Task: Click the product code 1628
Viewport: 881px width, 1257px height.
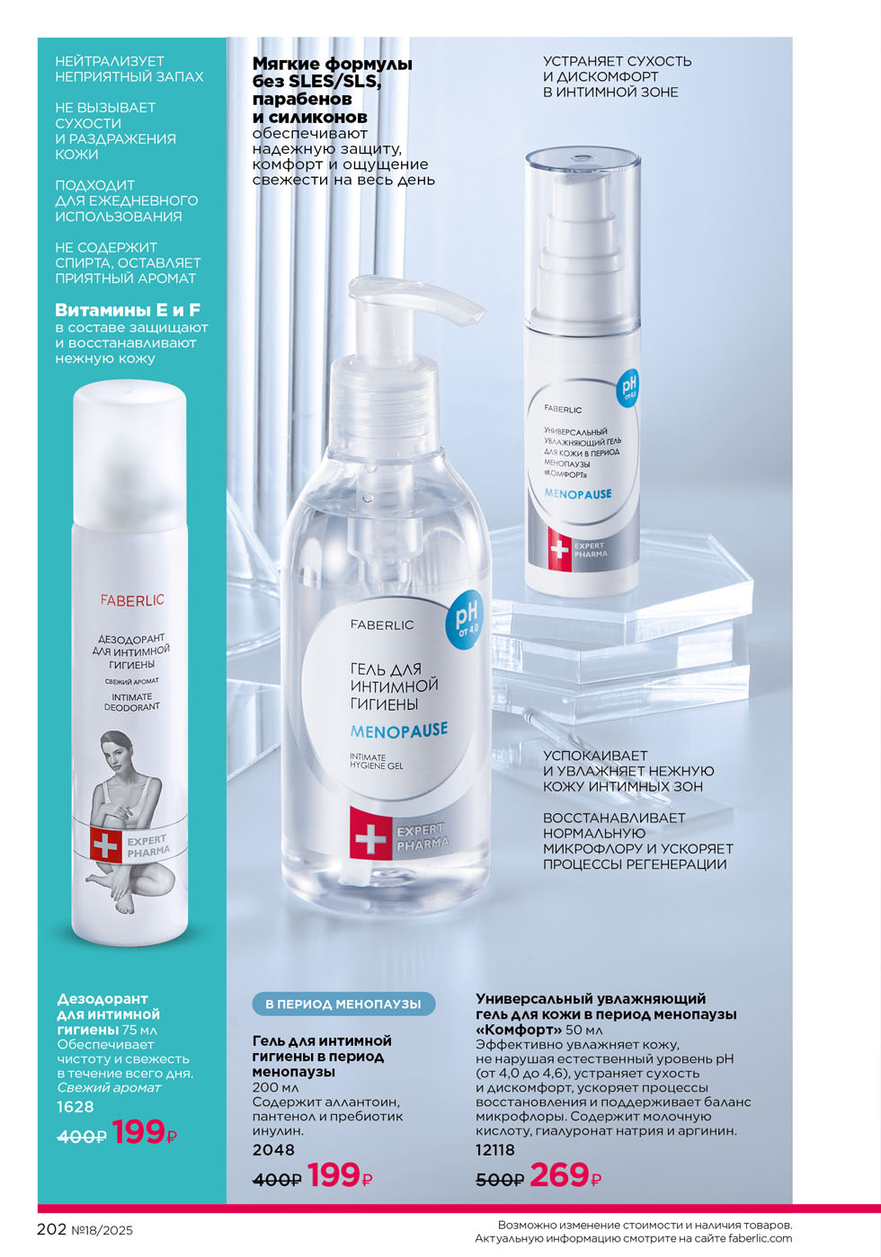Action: (x=76, y=1107)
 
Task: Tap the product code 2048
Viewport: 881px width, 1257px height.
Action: (x=273, y=1150)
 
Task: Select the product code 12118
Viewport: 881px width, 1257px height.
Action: (x=494, y=1150)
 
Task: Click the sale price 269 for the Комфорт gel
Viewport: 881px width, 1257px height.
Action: (x=558, y=1175)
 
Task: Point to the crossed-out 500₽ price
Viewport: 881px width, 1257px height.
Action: (x=500, y=1181)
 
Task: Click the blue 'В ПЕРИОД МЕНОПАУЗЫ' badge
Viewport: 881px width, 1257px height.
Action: (x=343, y=1004)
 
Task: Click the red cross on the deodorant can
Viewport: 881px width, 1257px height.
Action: (x=105, y=845)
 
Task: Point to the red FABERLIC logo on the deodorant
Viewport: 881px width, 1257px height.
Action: (x=132, y=600)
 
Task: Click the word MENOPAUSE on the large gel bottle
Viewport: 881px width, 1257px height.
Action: (x=398, y=730)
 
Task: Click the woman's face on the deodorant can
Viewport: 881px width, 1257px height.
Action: (x=118, y=748)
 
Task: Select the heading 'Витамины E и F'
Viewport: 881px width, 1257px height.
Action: (x=128, y=310)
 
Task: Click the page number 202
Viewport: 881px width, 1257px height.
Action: (x=51, y=1230)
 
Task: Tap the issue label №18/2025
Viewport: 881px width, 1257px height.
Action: (x=102, y=1231)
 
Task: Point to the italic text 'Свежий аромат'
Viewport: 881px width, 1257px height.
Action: (x=109, y=1088)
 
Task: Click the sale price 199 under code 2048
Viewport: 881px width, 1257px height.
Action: (x=334, y=1175)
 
